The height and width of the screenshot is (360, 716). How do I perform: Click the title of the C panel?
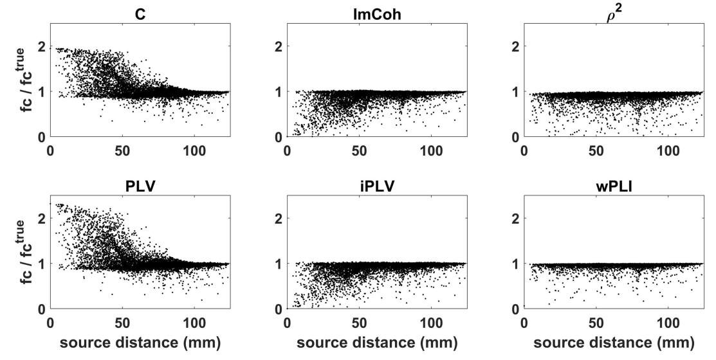[140, 14]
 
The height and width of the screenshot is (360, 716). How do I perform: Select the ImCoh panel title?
[377, 14]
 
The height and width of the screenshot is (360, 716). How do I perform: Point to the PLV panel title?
[140, 186]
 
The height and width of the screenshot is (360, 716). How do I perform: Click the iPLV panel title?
[377, 186]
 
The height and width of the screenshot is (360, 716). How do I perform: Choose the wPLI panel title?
[614, 186]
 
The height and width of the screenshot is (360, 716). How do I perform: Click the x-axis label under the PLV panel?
[140, 343]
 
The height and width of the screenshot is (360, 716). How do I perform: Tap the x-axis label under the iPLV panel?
[377, 343]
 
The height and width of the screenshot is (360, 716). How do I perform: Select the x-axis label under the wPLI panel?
[614, 343]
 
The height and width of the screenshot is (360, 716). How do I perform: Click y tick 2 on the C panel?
[42, 46]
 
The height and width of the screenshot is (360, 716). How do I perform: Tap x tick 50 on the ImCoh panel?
[360, 150]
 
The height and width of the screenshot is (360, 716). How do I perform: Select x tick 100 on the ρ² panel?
[668, 150]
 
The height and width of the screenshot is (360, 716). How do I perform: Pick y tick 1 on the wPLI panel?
[515, 264]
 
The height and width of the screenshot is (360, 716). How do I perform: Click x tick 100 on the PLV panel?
[194, 323]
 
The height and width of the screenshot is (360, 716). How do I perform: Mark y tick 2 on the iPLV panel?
[279, 219]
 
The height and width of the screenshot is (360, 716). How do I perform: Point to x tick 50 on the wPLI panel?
[596, 323]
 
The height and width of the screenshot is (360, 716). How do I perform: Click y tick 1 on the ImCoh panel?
[279, 91]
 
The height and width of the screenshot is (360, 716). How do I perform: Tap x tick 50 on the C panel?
[122, 150]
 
